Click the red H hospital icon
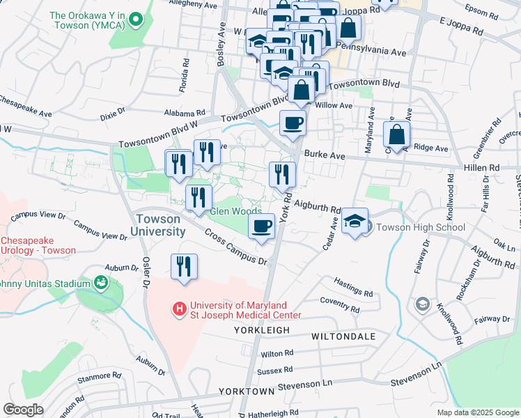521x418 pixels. click(180, 307)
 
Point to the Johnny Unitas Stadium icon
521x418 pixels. click(102, 282)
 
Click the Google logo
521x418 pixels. click(24, 409)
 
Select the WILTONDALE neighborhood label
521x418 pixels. click(343, 336)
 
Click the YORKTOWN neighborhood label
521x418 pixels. click(246, 392)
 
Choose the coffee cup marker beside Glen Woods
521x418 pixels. click(262, 227)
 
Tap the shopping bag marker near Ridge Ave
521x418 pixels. click(396, 134)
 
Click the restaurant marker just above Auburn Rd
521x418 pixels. click(185, 268)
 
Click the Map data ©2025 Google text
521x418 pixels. click(477, 412)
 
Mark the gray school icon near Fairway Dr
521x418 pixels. click(422, 304)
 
